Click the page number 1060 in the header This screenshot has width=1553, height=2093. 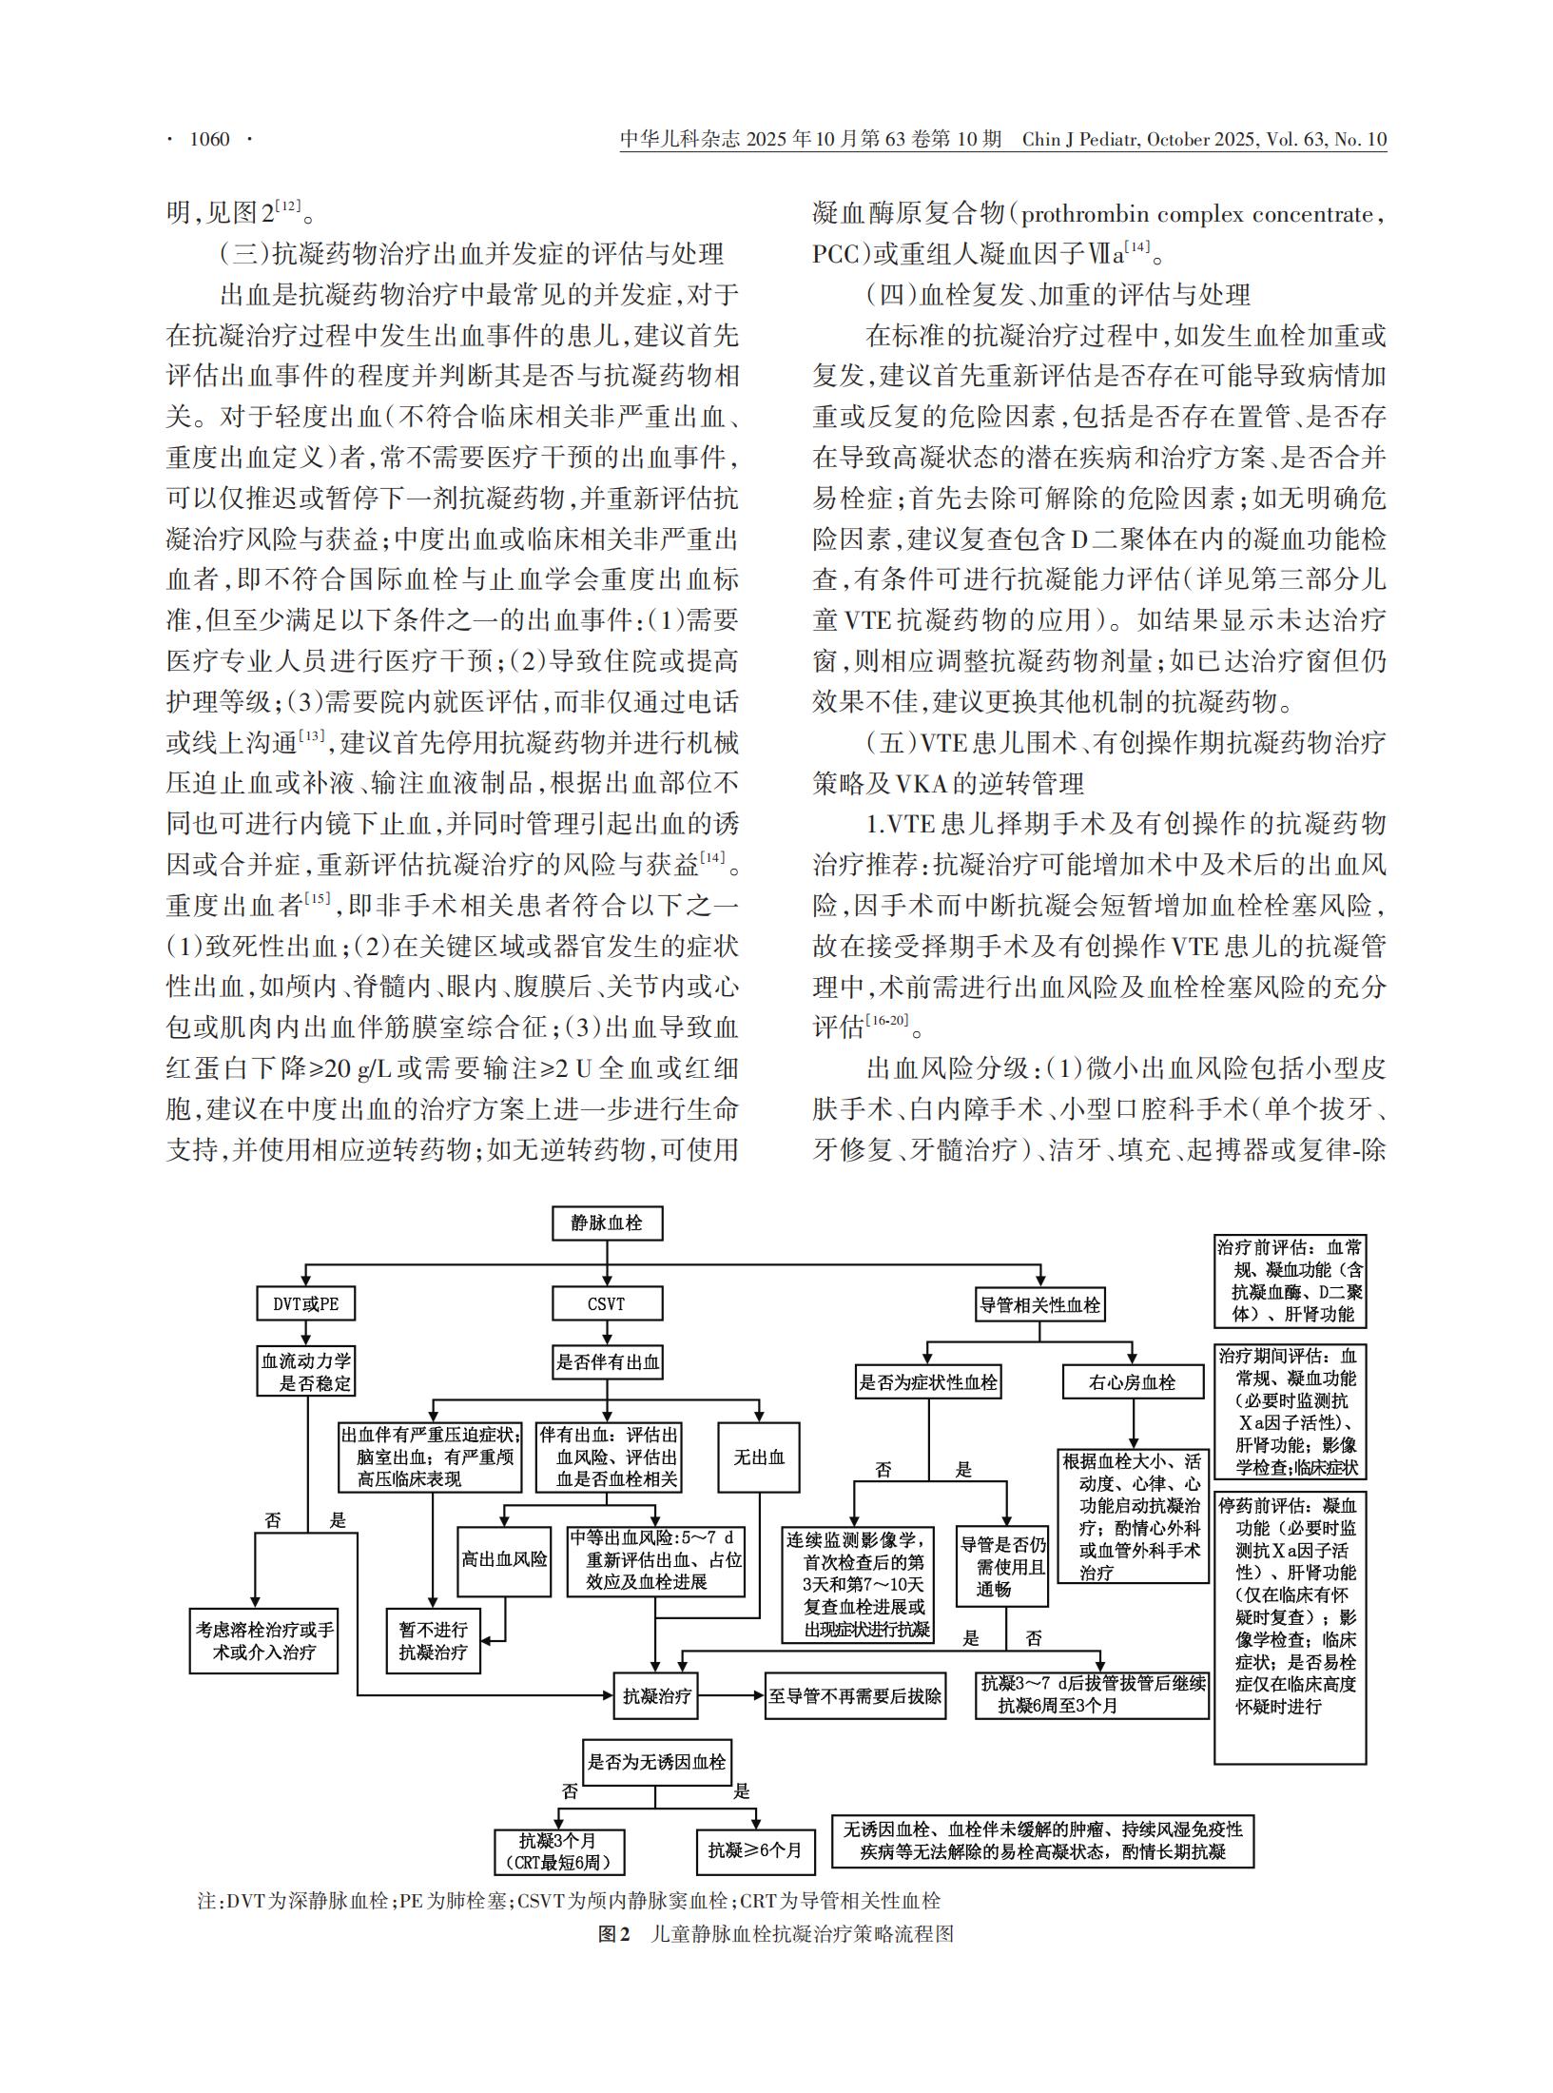(210, 140)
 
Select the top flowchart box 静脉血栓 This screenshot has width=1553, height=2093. (607, 1223)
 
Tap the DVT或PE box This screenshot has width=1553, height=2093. (306, 1303)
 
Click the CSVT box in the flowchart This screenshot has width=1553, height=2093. (607, 1303)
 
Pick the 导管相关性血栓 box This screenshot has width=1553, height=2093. (1040, 1305)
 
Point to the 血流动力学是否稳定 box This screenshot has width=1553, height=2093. (306, 1371)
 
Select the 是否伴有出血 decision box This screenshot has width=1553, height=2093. (608, 1362)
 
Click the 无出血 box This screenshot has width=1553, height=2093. (759, 1457)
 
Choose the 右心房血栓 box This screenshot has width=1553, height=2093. (1132, 1382)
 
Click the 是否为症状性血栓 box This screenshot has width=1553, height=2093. (928, 1382)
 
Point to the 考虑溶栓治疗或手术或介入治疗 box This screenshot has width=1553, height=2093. (265, 1641)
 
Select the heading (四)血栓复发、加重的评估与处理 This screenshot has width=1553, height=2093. (1058, 295)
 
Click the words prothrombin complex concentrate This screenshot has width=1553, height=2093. (1198, 214)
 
